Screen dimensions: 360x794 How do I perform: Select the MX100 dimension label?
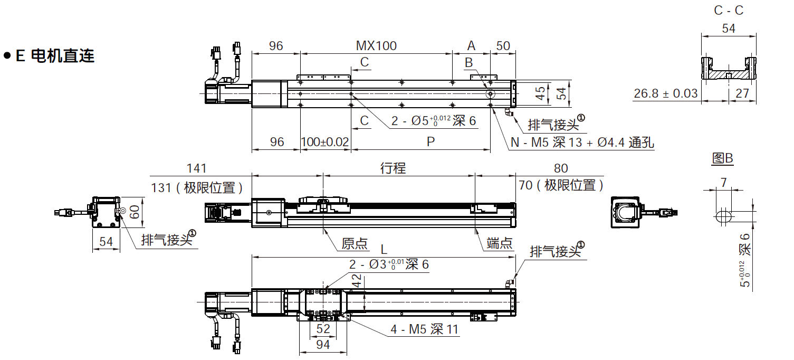coord(376,46)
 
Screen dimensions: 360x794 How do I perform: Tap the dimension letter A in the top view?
coord(471,46)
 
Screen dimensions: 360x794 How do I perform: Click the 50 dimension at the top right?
coord(503,46)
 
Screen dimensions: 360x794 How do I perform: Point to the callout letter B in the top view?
coord(469,63)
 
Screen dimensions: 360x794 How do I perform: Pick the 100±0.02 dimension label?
coord(325,142)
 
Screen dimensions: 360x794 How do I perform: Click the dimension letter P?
coord(431,142)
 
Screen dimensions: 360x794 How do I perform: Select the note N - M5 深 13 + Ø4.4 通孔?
coord(582,143)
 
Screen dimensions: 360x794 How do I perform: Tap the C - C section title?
coord(728,11)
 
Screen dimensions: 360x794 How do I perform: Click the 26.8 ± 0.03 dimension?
coord(665,93)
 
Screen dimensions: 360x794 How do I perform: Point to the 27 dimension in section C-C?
coord(742,93)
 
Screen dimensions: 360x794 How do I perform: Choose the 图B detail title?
coord(722,158)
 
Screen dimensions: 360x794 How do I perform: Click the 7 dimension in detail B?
coord(723,183)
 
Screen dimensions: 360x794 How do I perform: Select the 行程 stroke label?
coord(393,168)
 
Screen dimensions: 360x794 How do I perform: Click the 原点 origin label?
coord(355,243)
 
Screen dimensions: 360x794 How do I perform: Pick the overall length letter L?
coord(384,249)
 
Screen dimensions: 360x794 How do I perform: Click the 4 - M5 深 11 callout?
coord(425,330)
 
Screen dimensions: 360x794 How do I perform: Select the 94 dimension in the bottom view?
coord(323,345)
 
